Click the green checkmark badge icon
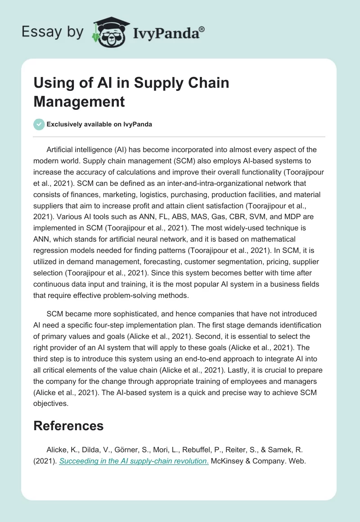(39, 124)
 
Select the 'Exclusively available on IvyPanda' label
(100, 124)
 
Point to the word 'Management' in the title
(79, 101)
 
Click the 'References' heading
(68, 426)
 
